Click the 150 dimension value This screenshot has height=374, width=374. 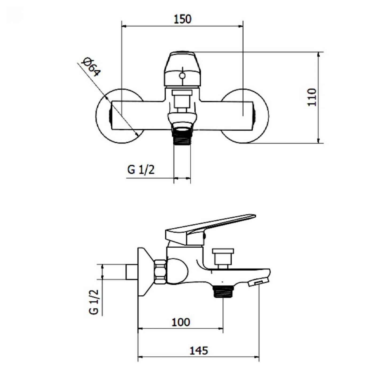coord(182,19)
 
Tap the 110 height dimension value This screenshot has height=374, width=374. coord(312,98)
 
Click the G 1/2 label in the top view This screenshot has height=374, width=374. coord(141,170)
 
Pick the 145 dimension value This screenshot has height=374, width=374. coord(198,345)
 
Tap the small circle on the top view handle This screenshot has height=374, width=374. coord(182,76)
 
